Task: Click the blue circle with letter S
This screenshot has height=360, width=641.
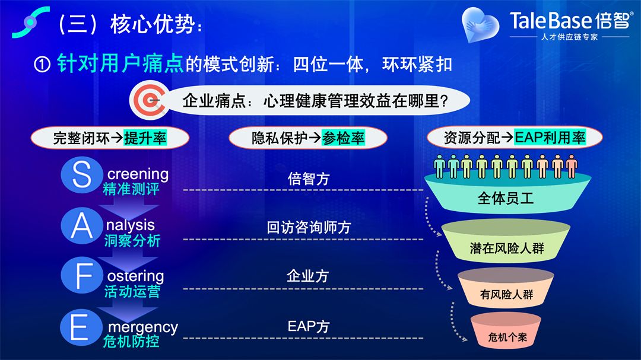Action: click(82, 174)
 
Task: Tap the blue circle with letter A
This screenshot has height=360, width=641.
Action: click(82, 225)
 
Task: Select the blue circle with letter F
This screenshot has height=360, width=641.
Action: click(82, 275)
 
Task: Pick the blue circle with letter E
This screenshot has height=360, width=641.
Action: click(81, 327)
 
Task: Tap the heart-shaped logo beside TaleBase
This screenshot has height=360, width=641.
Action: click(480, 24)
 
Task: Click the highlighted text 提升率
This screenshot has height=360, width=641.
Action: click(145, 138)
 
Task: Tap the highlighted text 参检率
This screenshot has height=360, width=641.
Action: click(343, 138)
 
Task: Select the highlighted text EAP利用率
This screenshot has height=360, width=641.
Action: click(550, 138)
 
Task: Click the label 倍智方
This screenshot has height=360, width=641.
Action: click(308, 179)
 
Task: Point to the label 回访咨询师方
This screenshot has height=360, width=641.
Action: click(309, 228)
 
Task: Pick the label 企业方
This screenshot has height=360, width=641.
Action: click(308, 276)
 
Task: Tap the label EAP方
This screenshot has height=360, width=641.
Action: click(308, 327)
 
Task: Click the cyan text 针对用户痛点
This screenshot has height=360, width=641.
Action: click(120, 63)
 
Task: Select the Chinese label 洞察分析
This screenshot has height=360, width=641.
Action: click(132, 241)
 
